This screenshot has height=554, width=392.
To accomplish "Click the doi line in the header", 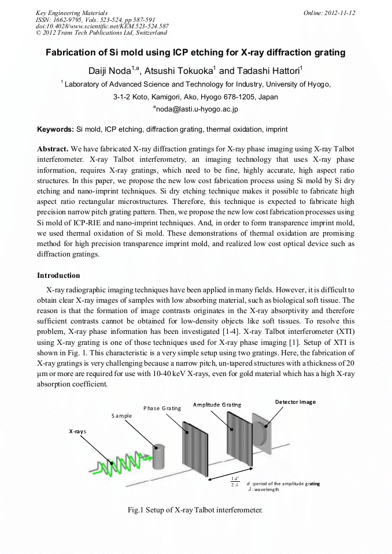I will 102,26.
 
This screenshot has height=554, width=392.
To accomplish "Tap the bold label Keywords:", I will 56,129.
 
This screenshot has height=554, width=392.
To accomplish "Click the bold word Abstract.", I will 53,148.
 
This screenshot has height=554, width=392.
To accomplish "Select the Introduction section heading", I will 58,275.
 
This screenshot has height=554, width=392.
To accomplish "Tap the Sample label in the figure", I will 121,415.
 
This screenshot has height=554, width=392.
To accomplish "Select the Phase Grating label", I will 162,408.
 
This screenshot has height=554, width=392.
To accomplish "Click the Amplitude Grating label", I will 217,404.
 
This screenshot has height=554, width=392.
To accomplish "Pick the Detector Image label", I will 295,401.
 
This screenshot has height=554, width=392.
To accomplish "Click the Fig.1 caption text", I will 195,510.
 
